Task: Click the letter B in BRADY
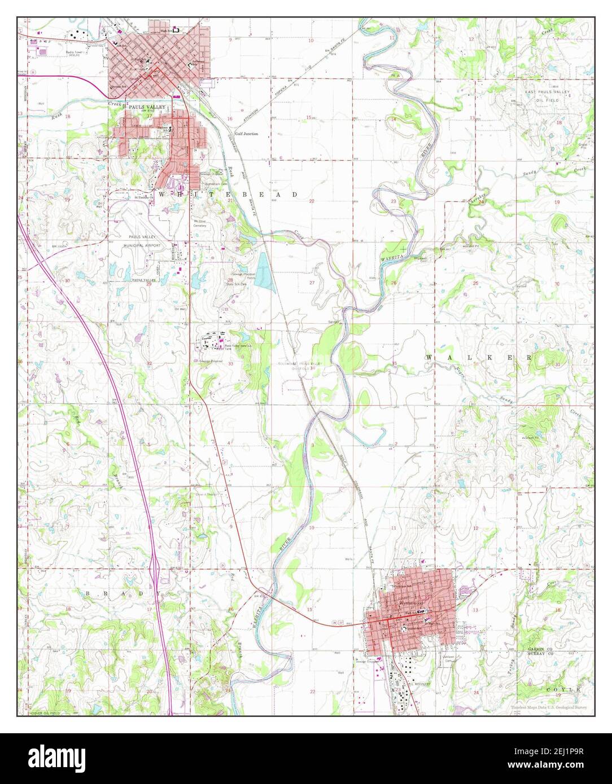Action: coord(89,594)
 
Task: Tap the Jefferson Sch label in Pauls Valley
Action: coord(198,63)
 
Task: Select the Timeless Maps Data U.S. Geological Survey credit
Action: coord(549,708)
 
